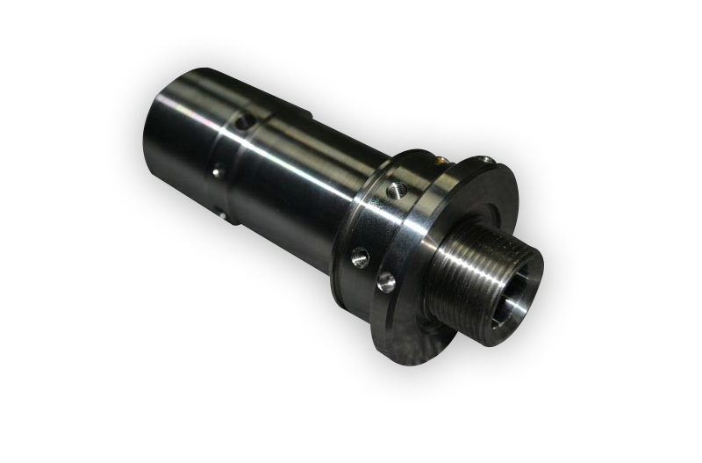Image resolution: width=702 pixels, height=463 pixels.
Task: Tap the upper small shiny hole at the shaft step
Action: coord(216,172)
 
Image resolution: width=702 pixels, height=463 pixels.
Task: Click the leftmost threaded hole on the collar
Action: coord(358,256)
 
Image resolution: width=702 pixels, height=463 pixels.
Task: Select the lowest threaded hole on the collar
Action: coord(383,283)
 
